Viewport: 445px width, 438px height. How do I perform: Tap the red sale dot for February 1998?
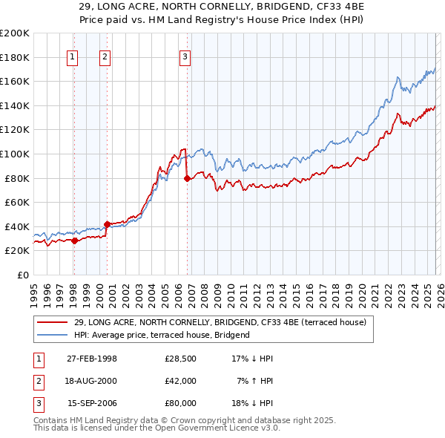pos(74,241)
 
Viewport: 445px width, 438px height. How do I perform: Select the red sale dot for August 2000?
pos(107,223)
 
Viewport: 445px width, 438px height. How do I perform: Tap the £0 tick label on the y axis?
pos(23,275)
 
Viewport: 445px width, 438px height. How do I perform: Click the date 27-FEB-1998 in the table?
pos(92,359)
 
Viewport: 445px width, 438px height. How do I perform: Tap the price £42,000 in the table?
pos(180,381)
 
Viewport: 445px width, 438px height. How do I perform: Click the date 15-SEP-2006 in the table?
pos(92,403)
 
